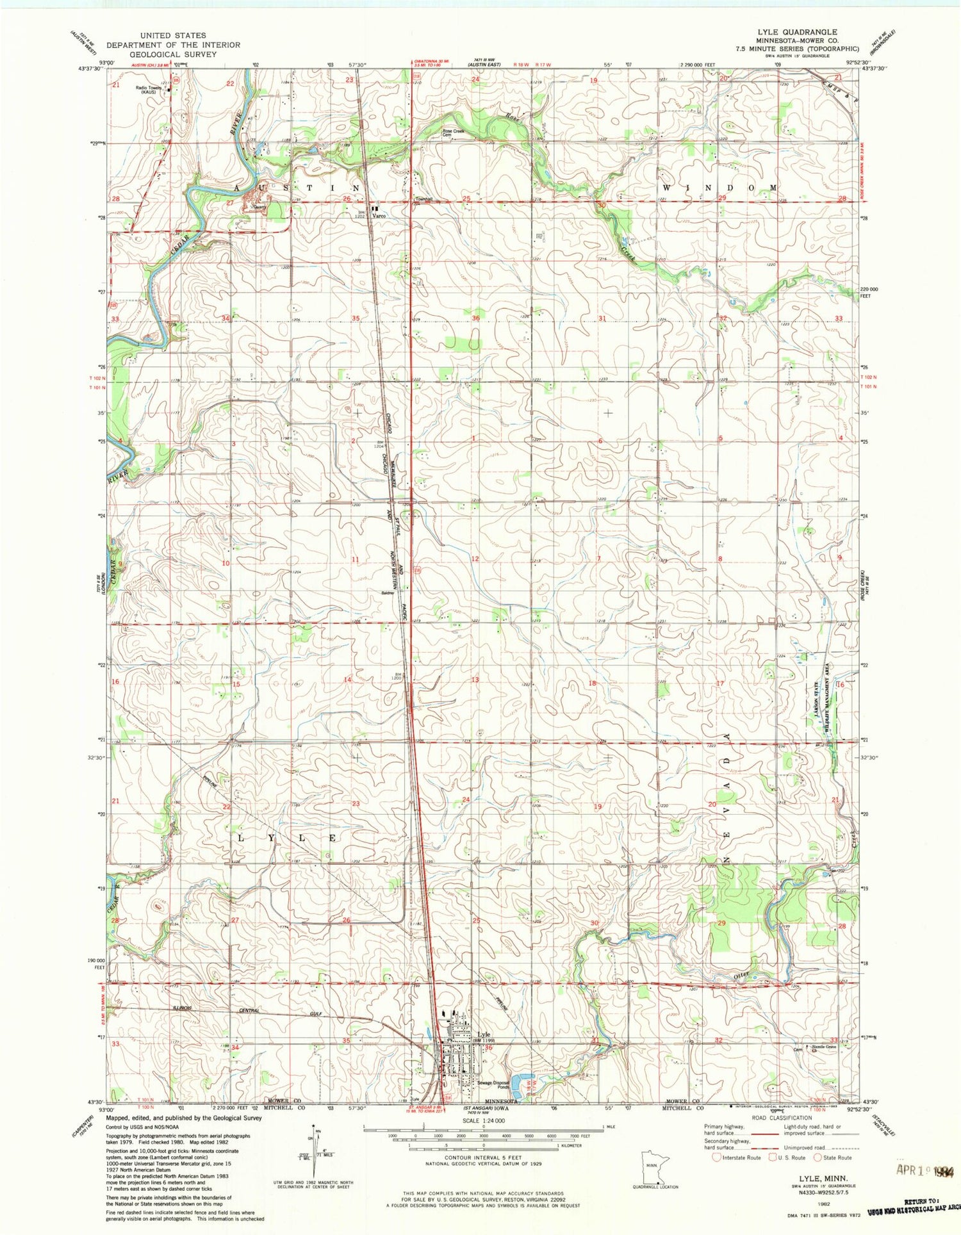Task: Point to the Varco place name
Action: coord(379,217)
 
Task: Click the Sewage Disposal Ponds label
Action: coord(493,1085)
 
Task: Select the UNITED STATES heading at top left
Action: coord(174,35)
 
